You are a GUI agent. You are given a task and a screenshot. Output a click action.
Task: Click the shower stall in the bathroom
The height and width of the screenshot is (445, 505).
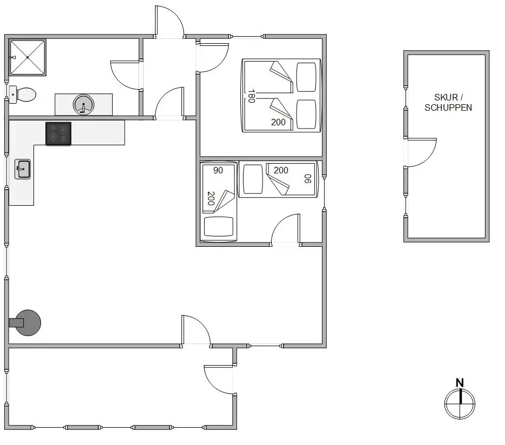point(28,57)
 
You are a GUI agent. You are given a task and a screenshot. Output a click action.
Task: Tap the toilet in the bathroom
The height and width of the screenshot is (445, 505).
point(23,95)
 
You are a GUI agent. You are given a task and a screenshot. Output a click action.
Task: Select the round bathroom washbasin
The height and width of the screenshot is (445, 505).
point(83,105)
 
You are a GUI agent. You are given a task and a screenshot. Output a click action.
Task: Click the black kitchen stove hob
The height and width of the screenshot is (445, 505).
point(58,133)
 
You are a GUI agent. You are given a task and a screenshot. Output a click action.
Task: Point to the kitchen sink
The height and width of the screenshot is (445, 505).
point(23,169)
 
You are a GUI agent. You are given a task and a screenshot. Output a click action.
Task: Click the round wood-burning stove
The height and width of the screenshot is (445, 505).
point(26,322)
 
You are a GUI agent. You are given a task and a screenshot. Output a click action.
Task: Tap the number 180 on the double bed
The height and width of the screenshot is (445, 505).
point(252,96)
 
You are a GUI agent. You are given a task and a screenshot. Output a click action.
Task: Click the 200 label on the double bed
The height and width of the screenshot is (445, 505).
point(278,123)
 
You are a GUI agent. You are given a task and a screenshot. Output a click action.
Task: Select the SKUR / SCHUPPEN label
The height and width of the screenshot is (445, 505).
point(448,103)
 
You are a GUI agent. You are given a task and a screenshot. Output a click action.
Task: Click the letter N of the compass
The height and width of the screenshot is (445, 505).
point(460,382)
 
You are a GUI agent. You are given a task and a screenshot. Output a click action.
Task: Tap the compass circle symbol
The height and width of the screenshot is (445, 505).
point(460,404)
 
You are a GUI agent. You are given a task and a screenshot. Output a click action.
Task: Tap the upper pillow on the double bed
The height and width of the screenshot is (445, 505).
point(306,77)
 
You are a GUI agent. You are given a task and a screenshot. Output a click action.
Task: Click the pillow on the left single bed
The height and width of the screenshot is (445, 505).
point(219,226)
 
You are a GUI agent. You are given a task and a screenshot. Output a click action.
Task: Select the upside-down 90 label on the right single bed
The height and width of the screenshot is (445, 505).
point(308,179)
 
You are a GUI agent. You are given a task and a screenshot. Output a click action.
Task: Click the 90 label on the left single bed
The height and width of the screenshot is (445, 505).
point(218,170)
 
